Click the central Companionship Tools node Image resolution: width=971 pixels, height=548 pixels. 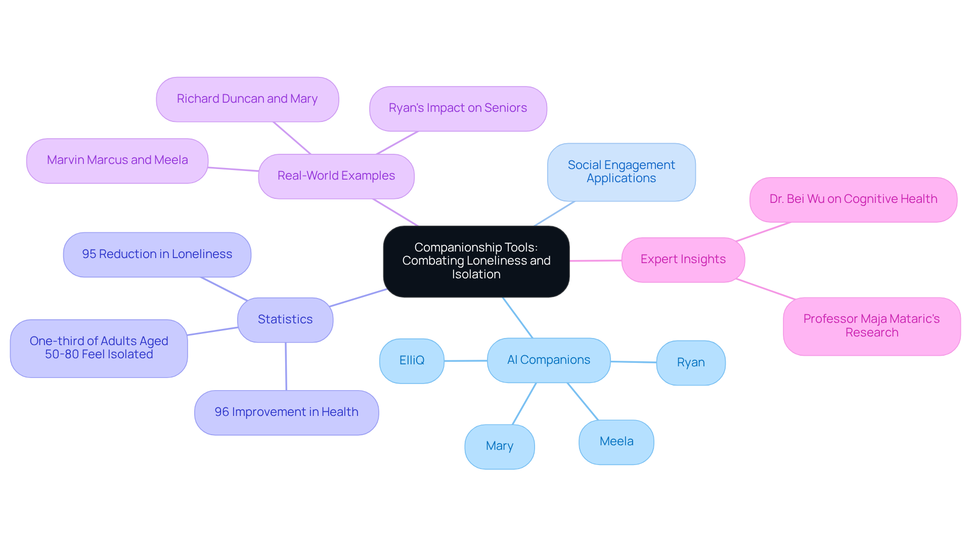[476, 261]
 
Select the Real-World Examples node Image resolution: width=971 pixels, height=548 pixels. [336, 176]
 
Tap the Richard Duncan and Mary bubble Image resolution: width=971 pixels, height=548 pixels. [247, 99]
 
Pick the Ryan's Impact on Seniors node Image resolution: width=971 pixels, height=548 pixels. [458, 108]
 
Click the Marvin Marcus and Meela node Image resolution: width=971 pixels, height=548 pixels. [117, 160]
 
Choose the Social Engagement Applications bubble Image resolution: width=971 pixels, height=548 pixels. [621, 172]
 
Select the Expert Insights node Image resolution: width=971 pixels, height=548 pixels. [683, 260]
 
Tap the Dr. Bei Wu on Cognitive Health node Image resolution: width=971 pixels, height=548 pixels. [853, 199]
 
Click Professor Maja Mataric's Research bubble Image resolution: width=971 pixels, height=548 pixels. [871, 326]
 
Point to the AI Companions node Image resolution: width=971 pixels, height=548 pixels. [549, 360]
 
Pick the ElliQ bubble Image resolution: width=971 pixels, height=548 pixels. [412, 361]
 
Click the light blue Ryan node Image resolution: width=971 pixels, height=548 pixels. [690, 363]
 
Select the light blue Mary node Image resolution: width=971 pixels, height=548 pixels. [499, 446]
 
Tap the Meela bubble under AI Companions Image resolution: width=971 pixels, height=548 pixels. [616, 442]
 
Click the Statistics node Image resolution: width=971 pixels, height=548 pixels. [285, 320]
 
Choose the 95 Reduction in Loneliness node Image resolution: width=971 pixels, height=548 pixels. [157, 255]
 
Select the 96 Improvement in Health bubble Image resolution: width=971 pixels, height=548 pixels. [286, 412]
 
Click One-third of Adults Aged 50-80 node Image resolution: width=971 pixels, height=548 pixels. [99, 348]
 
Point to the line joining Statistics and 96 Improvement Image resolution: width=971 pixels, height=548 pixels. [286, 366]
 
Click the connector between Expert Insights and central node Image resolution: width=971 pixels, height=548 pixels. [595, 261]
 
